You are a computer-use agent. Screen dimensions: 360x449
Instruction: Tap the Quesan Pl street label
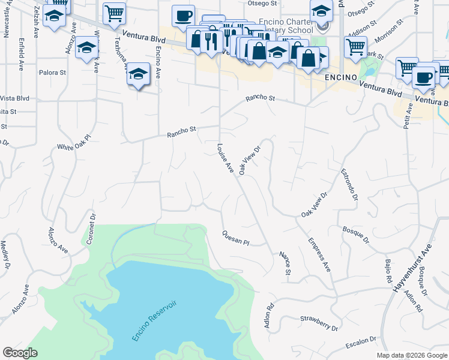tap(235, 238)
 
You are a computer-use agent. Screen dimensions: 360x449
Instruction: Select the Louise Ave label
tap(225, 159)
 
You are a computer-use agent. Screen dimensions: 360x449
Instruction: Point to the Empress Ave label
tap(319, 255)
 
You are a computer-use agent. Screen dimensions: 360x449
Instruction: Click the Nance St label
tap(285, 264)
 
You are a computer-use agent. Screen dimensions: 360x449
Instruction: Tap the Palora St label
tap(52, 73)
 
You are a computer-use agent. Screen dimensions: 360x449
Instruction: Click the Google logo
tap(20, 353)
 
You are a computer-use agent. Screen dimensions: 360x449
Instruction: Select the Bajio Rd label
tap(388, 270)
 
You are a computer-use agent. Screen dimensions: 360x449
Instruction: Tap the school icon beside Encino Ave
tap(138, 74)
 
